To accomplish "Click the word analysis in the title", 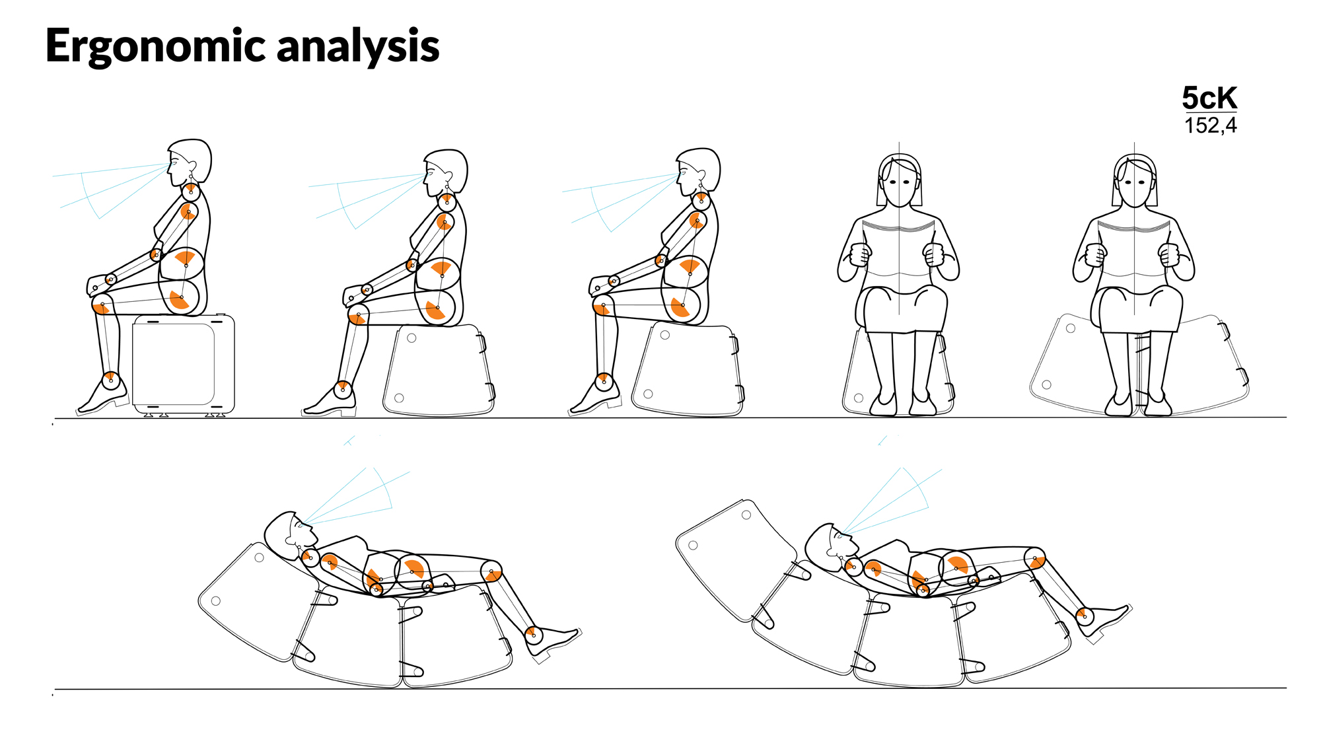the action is point(358,46).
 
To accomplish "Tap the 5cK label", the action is point(1209,98).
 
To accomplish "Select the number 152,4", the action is point(1210,125).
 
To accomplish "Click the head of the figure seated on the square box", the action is point(190,161).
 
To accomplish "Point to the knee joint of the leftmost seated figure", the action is point(102,305).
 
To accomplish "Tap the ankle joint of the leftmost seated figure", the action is point(110,380).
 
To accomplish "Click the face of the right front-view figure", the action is point(1135,185).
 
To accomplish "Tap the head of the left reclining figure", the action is point(289,534).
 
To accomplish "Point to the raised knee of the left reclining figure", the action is point(491,571).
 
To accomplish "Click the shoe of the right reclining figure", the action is point(1103,620).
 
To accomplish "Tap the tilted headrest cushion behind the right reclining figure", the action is point(736,559).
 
